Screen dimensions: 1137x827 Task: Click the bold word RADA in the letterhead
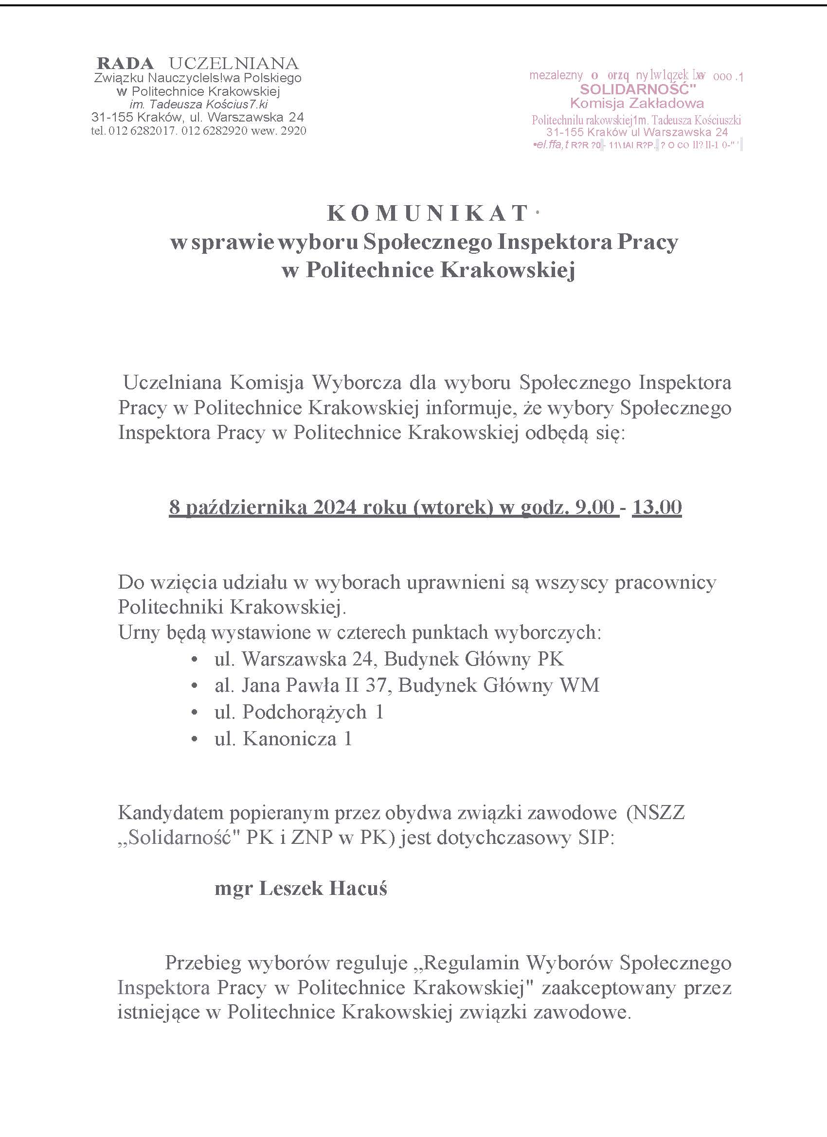pos(125,64)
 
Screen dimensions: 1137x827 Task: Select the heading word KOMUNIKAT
pos(428,213)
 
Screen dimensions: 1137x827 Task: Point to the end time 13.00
pos(656,507)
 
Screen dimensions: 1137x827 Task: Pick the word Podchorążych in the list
pos(305,712)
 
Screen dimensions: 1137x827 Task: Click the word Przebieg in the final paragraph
pos(204,963)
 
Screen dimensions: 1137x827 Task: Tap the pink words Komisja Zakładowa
pos(637,104)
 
